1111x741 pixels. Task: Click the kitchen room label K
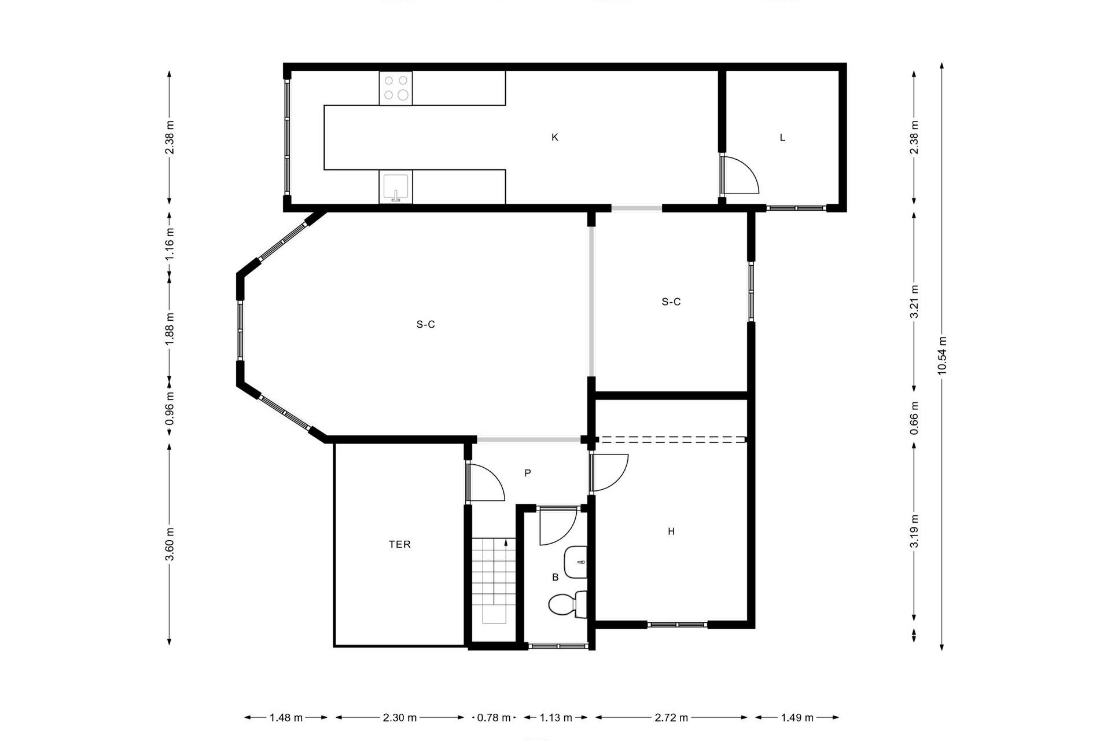coord(554,137)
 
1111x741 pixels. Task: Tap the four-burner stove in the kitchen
coord(396,88)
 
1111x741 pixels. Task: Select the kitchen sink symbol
coord(396,187)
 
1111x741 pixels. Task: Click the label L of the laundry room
coord(782,138)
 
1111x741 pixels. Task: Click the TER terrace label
coord(399,544)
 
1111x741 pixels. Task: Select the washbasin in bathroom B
coord(575,562)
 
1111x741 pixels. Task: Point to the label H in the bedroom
coord(671,531)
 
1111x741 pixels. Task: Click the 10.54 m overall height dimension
coord(942,355)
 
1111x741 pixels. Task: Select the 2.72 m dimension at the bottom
coord(671,718)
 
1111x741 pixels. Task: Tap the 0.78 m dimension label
coord(494,718)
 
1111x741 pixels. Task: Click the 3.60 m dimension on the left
coord(170,544)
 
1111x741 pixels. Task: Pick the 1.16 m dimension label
coord(170,244)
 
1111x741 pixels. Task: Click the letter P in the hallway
coord(527,473)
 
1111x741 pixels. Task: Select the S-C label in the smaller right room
coord(671,302)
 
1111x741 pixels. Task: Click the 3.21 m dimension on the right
coord(914,302)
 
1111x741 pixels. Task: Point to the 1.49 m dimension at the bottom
coord(797,718)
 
